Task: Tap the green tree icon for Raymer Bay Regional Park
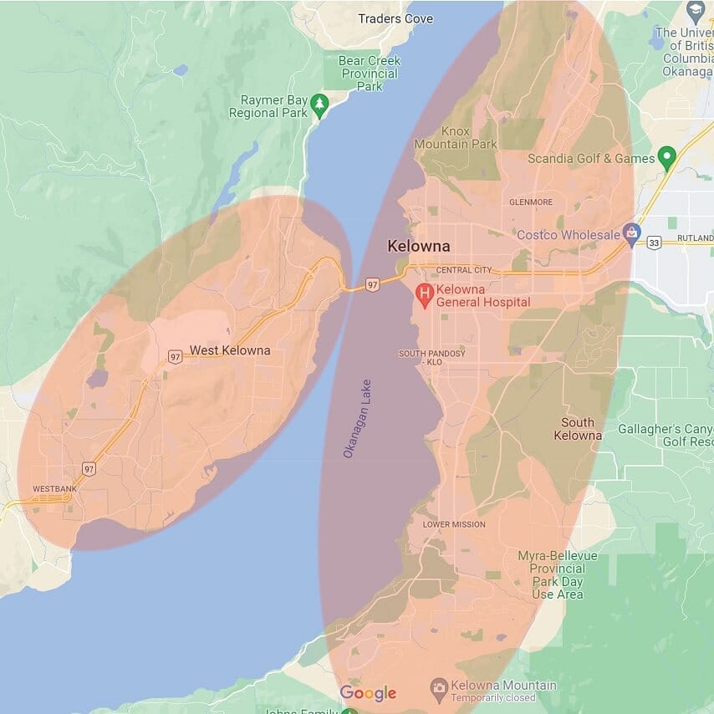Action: point(319,104)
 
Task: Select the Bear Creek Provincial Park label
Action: point(369,73)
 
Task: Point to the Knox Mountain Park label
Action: point(456,138)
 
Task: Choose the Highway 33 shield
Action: point(654,242)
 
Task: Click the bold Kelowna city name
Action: point(418,247)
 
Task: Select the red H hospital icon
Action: point(425,293)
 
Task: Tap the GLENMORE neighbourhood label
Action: point(531,201)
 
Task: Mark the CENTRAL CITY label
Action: point(464,270)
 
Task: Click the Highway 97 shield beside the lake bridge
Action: point(373,285)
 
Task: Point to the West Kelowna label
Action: point(230,350)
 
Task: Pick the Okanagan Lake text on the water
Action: point(357,418)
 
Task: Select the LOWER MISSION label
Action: point(453,524)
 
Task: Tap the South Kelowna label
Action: point(578,429)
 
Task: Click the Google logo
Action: point(368,693)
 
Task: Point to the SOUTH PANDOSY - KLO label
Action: point(432,358)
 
